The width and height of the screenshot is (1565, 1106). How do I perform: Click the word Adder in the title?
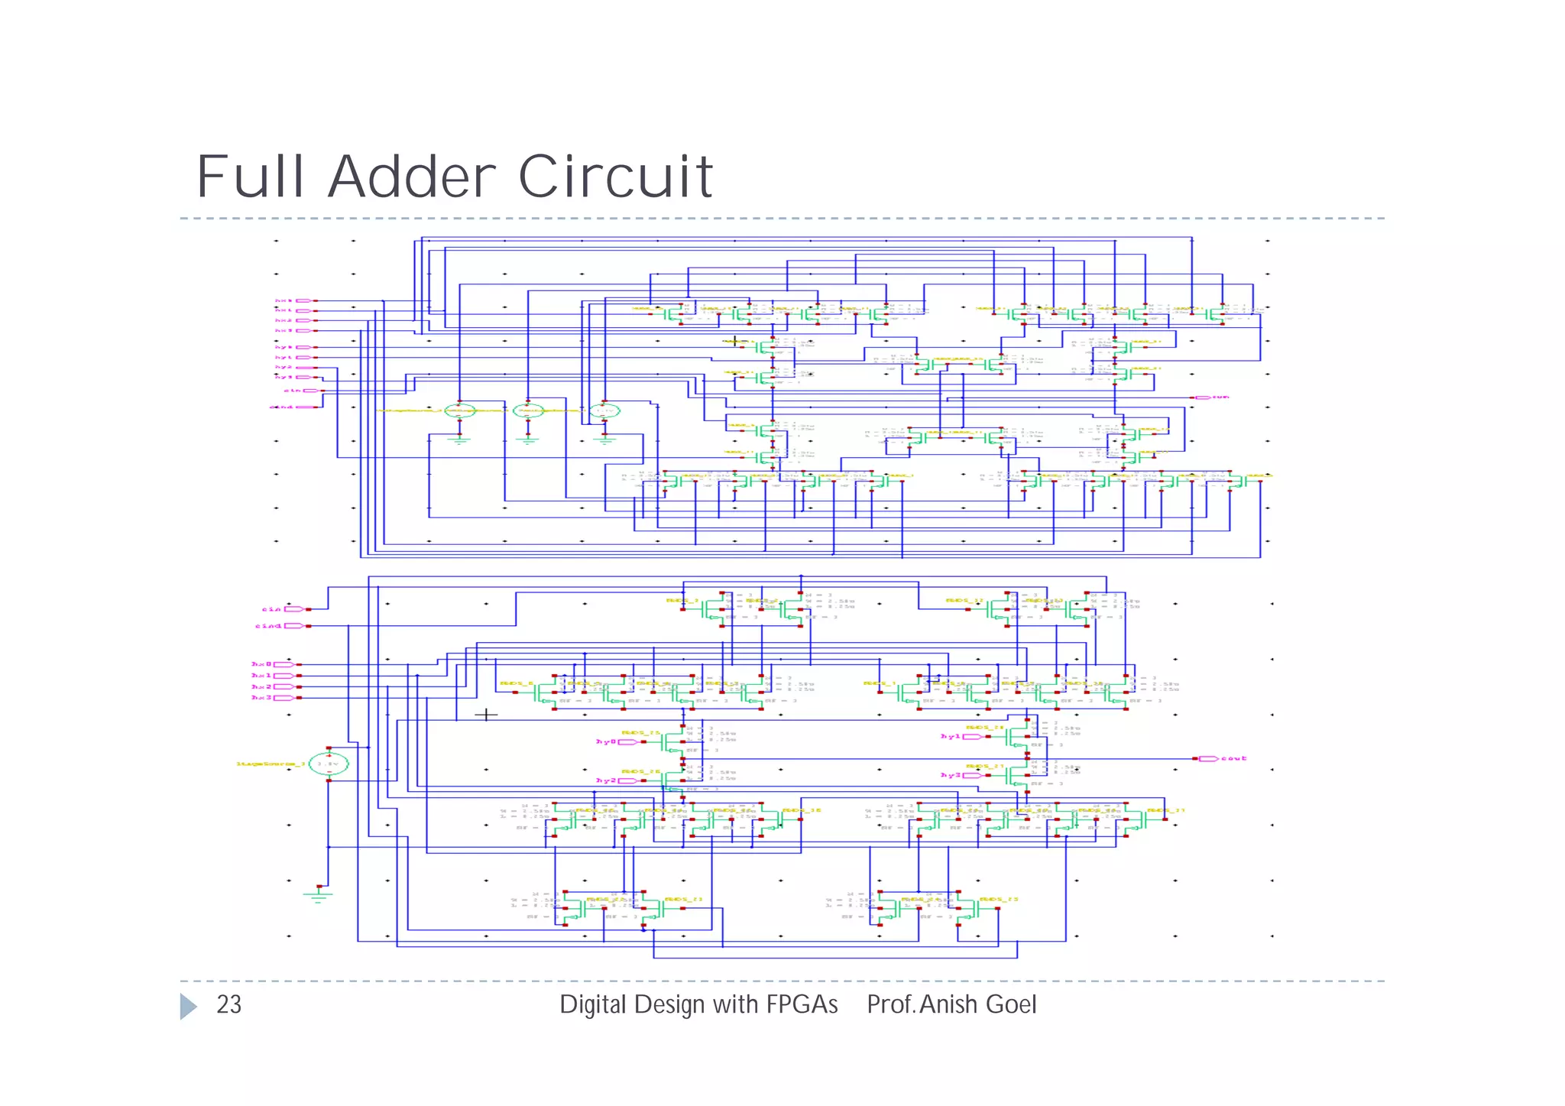[x=413, y=177]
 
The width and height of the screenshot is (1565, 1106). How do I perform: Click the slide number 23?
[x=228, y=1004]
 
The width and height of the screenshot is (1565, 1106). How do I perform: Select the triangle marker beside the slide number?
[x=188, y=1006]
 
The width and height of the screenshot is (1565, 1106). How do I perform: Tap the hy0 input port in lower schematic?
[x=629, y=742]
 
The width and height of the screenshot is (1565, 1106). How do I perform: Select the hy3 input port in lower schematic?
[x=972, y=775]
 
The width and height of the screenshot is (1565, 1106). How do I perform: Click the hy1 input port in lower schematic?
[x=972, y=737]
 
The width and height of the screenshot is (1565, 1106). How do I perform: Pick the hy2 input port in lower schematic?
[x=629, y=780]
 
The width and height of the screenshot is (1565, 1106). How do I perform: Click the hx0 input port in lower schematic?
[x=284, y=665]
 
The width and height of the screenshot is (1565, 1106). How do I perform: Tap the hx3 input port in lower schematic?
[x=284, y=698]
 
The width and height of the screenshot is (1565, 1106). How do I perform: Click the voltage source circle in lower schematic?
[x=329, y=764]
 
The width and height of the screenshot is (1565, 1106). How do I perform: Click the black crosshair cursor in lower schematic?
[x=486, y=715]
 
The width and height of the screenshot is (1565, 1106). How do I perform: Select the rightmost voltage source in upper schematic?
[x=604, y=411]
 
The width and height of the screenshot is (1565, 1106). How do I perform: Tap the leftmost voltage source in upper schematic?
[x=460, y=411]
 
